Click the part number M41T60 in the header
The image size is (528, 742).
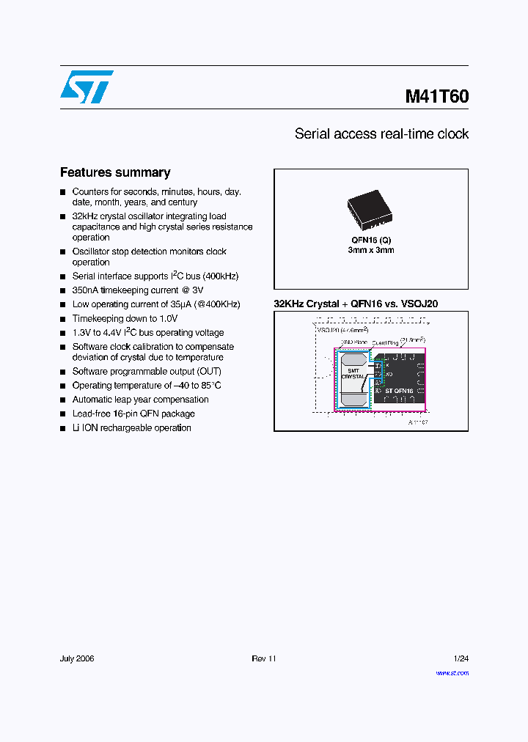click(x=437, y=96)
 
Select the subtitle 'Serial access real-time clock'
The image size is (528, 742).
click(x=381, y=134)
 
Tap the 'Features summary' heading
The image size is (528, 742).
click(x=115, y=172)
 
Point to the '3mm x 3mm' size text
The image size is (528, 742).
click(x=370, y=250)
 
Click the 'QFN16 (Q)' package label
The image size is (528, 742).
click(x=370, y=240)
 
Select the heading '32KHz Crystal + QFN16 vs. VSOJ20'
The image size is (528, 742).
click(x=356, y=304)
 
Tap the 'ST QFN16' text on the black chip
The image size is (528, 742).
click(x=399, y=391)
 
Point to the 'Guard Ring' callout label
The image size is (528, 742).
click(x=385, y=342)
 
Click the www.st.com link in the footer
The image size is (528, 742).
click(x=452, y=673)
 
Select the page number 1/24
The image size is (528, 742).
click(x=461, y=658)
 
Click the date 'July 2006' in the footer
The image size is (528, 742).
click(x=77, y=658)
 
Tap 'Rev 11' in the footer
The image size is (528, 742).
click(x=264, y=658)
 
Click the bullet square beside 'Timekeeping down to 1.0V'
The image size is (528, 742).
click(x=63, y=319)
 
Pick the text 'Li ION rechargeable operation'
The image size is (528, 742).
click(x=131, y=427)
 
